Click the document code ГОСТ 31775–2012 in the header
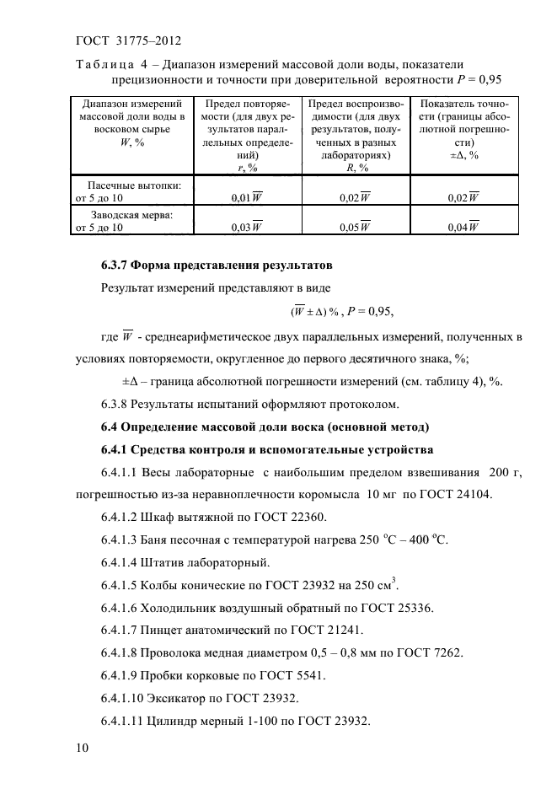[129, 40]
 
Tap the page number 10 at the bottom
[83, 749]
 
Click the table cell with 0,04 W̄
[463, 227]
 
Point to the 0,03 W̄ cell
[246, 227]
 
